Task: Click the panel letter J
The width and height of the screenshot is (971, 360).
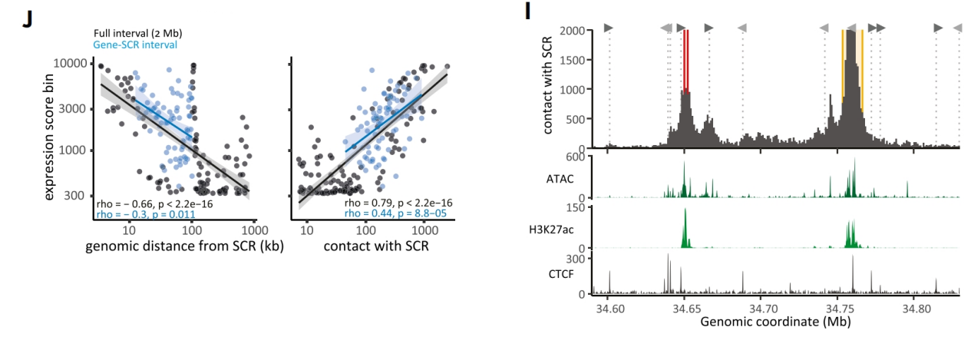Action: (x=28, y=19)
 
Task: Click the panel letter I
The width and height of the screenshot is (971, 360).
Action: (x=527, y=12)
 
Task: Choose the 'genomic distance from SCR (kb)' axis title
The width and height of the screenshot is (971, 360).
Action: (x=178, y=248)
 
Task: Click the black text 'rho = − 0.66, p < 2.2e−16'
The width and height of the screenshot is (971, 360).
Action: (x=154, y=203)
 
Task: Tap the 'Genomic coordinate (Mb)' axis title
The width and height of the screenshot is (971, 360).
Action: (x=775, y=322)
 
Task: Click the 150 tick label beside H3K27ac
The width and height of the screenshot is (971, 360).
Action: (x=579, y=207)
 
